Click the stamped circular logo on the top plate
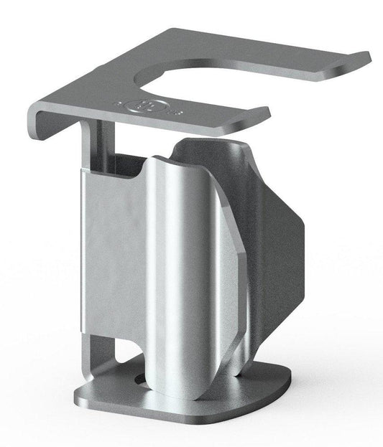136,105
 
